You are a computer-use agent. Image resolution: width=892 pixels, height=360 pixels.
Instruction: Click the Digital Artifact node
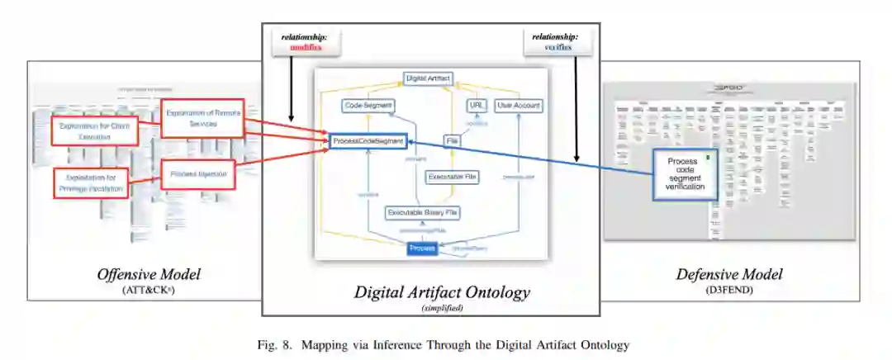pos(429,78)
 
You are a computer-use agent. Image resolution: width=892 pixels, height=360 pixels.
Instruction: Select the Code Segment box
pos(368,106)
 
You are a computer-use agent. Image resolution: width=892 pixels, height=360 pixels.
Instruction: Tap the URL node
pos(475,106)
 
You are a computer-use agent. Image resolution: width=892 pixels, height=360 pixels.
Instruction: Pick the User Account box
pos(518,106)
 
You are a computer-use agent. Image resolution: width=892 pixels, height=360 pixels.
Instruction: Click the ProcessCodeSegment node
pos(368,142)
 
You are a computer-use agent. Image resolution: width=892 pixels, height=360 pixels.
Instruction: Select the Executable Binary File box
pos(422,213)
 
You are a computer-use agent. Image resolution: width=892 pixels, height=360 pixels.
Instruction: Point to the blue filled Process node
pos(422,248)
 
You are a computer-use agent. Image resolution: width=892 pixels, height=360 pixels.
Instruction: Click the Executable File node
pos(452,177)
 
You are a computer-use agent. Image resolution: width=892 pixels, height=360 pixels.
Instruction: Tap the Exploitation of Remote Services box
pos(202,118)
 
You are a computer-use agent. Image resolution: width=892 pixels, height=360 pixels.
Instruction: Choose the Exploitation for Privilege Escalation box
pos(92,183)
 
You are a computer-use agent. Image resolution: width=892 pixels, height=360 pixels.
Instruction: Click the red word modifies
pos(306,48)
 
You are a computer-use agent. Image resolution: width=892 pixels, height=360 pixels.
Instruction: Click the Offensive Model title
pos(148,274)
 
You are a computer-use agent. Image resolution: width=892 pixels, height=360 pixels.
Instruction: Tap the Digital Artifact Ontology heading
pos(442,291)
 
